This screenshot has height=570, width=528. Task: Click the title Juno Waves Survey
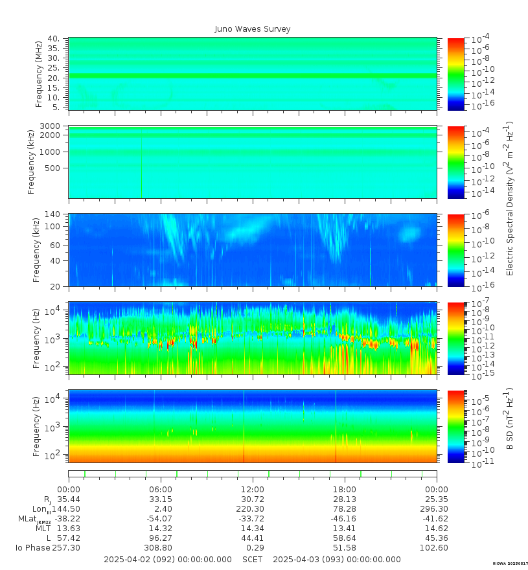pos(253,29)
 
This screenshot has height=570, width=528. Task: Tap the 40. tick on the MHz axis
pos(53,39)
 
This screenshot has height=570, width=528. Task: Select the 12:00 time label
pos(253,489)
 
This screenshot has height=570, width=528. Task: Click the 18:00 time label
pos(344,489)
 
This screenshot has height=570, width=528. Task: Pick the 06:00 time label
pos(161,489)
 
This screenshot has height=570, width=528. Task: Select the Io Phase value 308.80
pos(161,548)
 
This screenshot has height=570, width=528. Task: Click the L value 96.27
pos(161,538)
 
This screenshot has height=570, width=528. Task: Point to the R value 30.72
pos(253,499)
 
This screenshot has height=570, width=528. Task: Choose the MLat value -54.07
pos(159,519)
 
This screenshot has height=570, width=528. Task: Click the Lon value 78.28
pos(344,509)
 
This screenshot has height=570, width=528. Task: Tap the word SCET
pos(253,560)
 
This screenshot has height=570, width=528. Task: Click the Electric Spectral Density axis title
pos(510,198)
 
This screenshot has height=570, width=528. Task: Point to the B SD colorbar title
pos(510,419)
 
